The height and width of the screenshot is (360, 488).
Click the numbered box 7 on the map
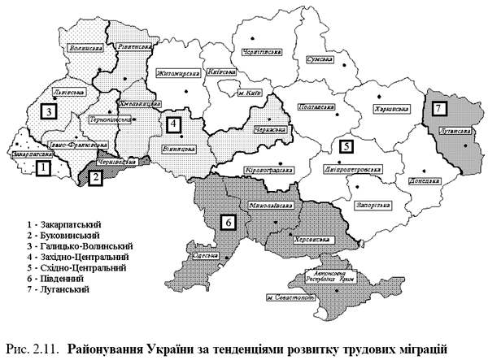440,107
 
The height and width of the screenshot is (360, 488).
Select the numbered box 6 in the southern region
229,219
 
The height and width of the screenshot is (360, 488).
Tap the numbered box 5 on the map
347,147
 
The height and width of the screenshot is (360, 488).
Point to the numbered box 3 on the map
50,111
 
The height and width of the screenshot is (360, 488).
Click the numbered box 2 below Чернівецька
95,178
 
